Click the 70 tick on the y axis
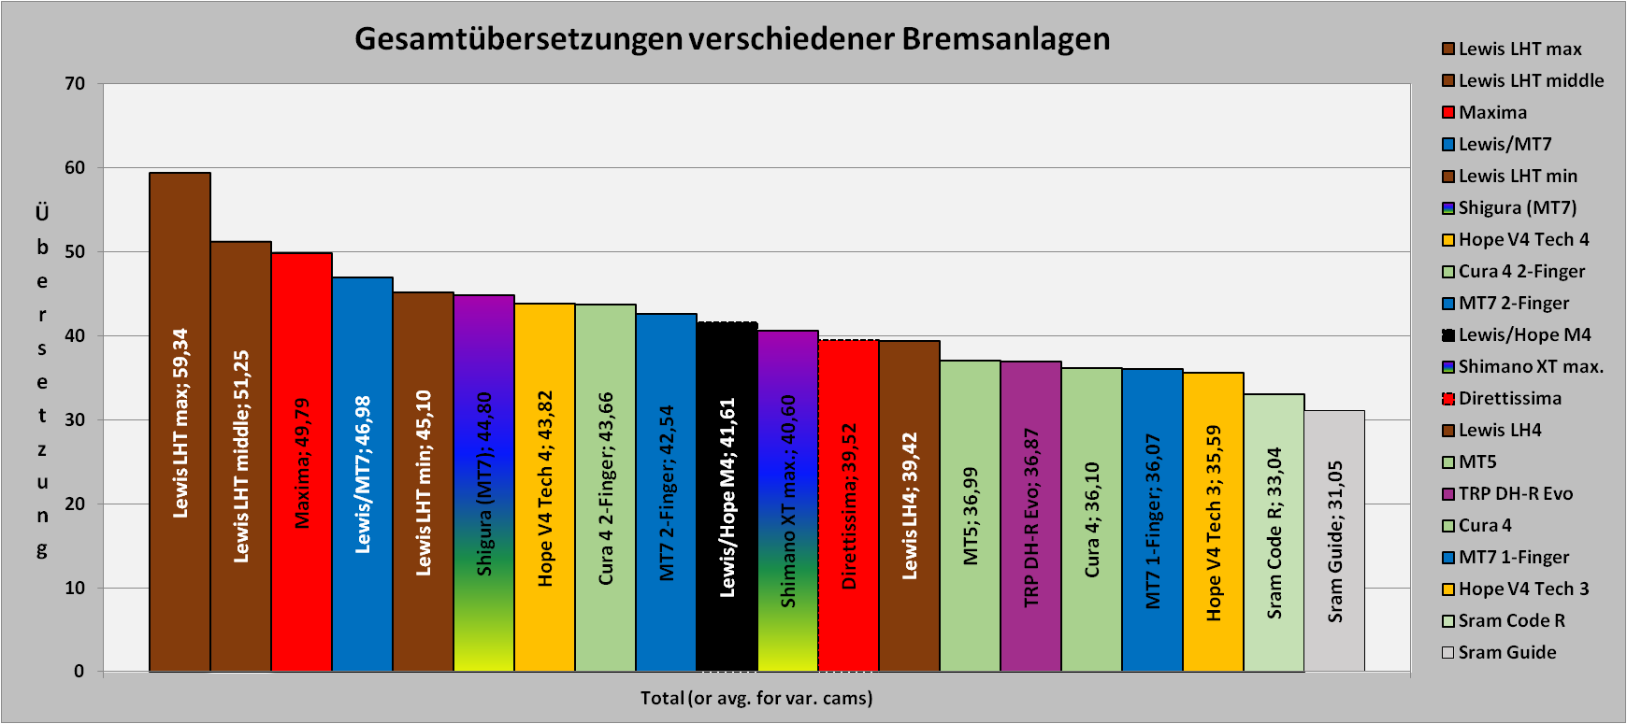(x=75, y=84)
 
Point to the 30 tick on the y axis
(x=75, y=420)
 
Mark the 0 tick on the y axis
(x=79, y=672)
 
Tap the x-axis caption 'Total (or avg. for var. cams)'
(x=756, y=698)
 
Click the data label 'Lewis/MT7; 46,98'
(x=363, y=475)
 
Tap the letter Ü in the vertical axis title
(x=42, y=214)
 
